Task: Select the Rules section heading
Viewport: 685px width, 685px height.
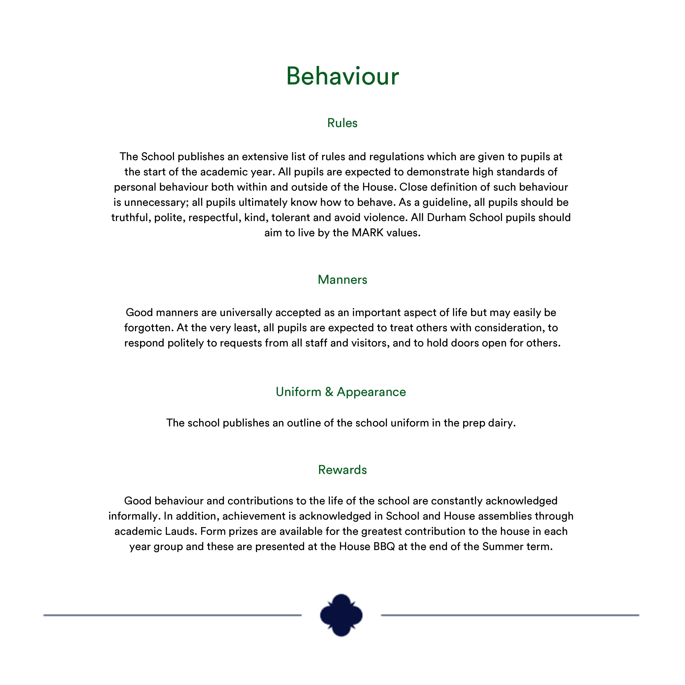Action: click(342, 123)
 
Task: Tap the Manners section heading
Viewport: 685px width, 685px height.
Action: click(342, 280)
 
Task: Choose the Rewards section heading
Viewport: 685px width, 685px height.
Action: click(342, 470)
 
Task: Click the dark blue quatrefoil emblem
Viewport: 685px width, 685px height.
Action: click(341, 615)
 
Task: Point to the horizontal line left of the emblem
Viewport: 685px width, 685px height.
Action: click(172, 615)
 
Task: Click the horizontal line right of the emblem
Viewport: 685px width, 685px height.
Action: click(510, 615)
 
